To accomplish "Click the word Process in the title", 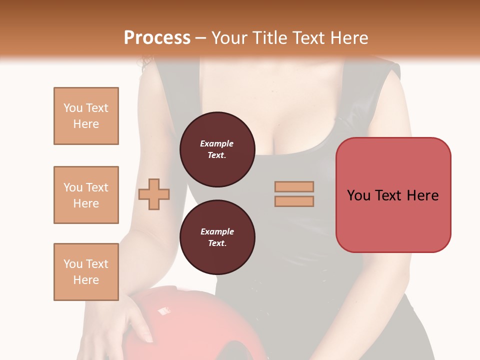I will tap(157, 37).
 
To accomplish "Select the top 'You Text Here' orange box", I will tap(86, 116).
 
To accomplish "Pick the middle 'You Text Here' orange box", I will tap(86, 195).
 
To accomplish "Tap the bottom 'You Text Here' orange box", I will tap(86, 271).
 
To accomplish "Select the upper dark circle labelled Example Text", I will tap(217, 149).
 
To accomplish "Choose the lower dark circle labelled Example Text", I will tap(217, 237).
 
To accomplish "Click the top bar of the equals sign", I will tap(294, 186).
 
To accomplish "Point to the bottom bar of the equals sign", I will tap(294, 201).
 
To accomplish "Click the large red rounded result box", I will tap(393, 195).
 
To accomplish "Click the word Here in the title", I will tap(349, 37).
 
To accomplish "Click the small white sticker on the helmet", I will tap(163, 311).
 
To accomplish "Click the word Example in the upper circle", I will tap(217, 143).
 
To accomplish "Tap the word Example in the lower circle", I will tap(217, 231).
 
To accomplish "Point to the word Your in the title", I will tap(229, 37).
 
